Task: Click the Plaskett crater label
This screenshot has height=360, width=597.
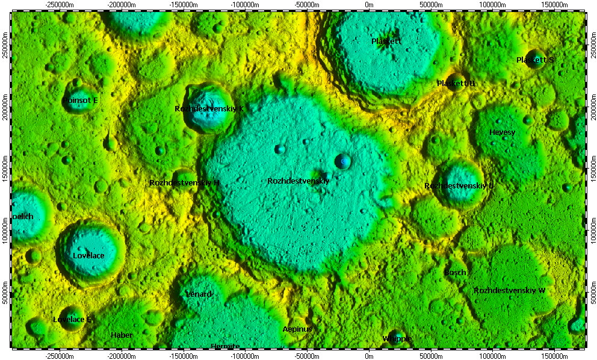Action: [386, 42]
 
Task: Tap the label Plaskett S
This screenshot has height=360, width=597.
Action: [535, 60]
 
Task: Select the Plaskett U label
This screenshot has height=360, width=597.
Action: [456, 84]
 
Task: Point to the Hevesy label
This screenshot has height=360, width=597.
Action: [502, 132]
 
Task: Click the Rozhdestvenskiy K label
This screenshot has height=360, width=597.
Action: [209, 109]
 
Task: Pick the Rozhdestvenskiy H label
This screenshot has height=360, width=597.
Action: [184, 182]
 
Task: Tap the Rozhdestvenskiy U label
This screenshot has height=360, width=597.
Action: [459, 186]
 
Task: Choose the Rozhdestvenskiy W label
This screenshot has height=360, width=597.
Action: [509, 291]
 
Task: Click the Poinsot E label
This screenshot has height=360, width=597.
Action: [80, 101]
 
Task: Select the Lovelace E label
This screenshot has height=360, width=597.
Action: [72, 320]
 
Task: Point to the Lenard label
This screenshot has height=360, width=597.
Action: [199, 294]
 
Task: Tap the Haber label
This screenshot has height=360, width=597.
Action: [122, 335]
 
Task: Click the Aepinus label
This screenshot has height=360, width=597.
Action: [297, 329]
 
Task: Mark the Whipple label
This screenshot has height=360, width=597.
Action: [397, 339]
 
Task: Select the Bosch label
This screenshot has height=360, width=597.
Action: [455, 273]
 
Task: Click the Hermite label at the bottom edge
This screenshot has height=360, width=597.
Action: [226, 346]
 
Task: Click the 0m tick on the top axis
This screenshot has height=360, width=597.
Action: [369, 5]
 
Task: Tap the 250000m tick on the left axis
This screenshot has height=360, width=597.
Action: [5, 47]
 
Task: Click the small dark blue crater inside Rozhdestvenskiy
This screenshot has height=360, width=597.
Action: [342, 161]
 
